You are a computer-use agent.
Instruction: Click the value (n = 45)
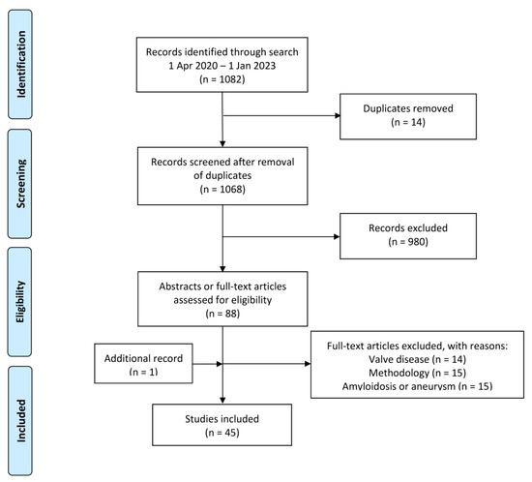pyautogui.click(x=223, y=430)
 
